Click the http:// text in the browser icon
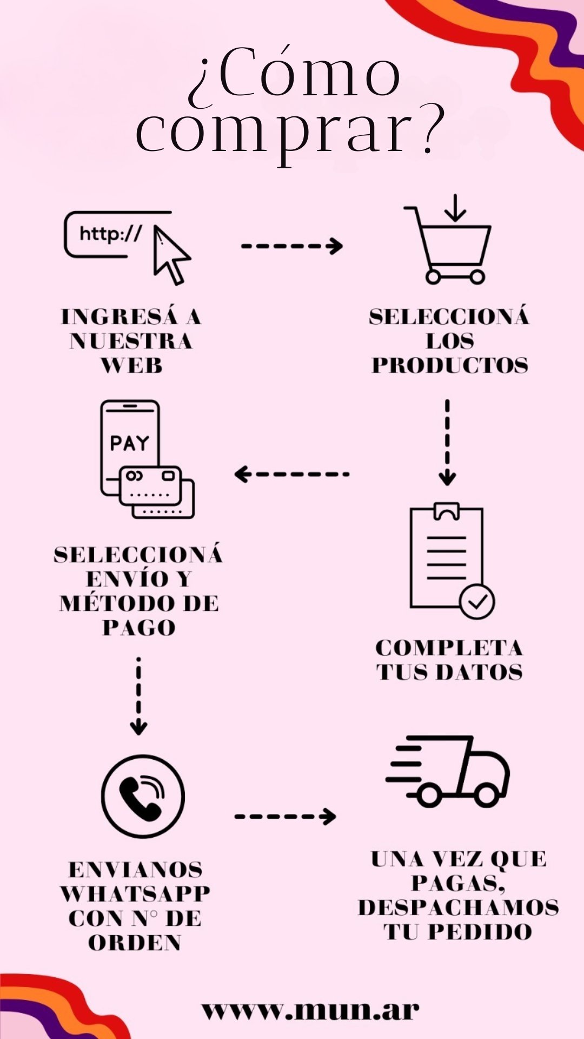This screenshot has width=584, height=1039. (110, 234)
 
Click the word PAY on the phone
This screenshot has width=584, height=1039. (129, 443)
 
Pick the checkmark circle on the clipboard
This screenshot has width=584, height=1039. (477, 601)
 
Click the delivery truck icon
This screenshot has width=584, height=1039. (449, 771)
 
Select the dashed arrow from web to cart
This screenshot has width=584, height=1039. (292, 246)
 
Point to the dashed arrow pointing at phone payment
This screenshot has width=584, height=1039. (292, 474)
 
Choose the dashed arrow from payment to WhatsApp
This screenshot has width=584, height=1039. (139, 696)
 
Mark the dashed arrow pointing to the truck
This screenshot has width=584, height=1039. (285, 816)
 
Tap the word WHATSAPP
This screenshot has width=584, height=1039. (135, 894)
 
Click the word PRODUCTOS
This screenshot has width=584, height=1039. (450, 365)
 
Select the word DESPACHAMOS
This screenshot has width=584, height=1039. (459, 908)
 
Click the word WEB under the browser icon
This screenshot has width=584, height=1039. (131, 366)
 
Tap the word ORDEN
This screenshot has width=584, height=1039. (135, 943)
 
